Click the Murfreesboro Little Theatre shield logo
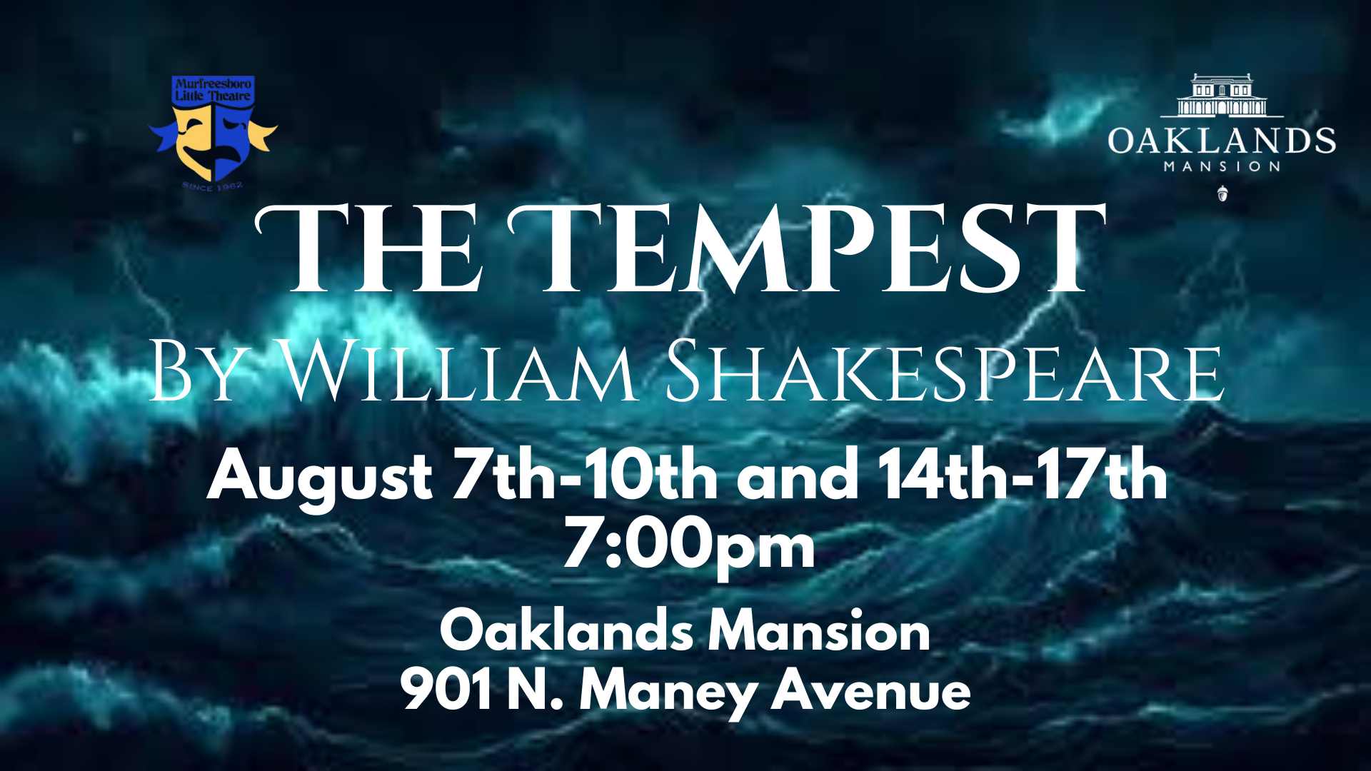click(213, 129)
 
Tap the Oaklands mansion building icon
click(1222, 95)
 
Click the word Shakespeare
click(945, 371)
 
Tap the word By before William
click(197, 371)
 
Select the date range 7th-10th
click(586, 474)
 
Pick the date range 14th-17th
click(1023, 474)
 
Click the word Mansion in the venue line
click(819, 631)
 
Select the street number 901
click(446, 690)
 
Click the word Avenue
click(871, 690)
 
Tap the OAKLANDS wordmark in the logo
click(1222, 141)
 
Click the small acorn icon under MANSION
click(1222, 193)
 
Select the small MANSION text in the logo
click(1222, 166)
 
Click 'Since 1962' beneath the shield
click(213, 186)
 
